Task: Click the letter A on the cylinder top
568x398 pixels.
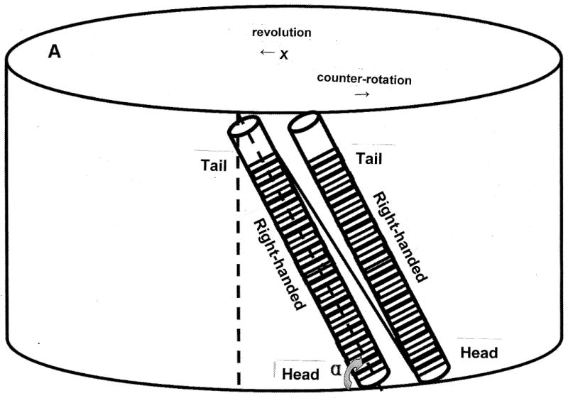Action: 54,52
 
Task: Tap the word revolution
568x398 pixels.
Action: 281,33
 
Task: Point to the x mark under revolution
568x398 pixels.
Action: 283,54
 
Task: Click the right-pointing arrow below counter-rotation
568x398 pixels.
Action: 363,94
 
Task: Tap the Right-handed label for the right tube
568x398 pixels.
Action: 400,238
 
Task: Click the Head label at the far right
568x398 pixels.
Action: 479,352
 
